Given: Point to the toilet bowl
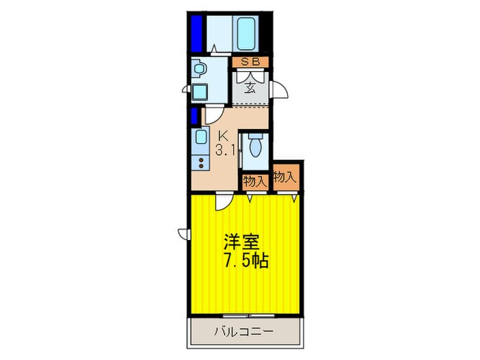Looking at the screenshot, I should click(x=256, y=146).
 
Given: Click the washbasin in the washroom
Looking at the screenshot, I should click(x=200, y=69).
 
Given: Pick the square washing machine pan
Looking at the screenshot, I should click(x=200, y=92).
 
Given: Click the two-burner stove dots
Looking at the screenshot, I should click(x=201, y=163).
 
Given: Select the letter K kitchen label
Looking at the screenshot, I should click(x=223, y=136).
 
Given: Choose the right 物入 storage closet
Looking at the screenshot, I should click(x=285, y=177).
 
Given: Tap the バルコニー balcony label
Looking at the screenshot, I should click(x=245, y=332).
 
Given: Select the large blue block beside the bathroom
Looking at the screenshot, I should click(x=197, y=32).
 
